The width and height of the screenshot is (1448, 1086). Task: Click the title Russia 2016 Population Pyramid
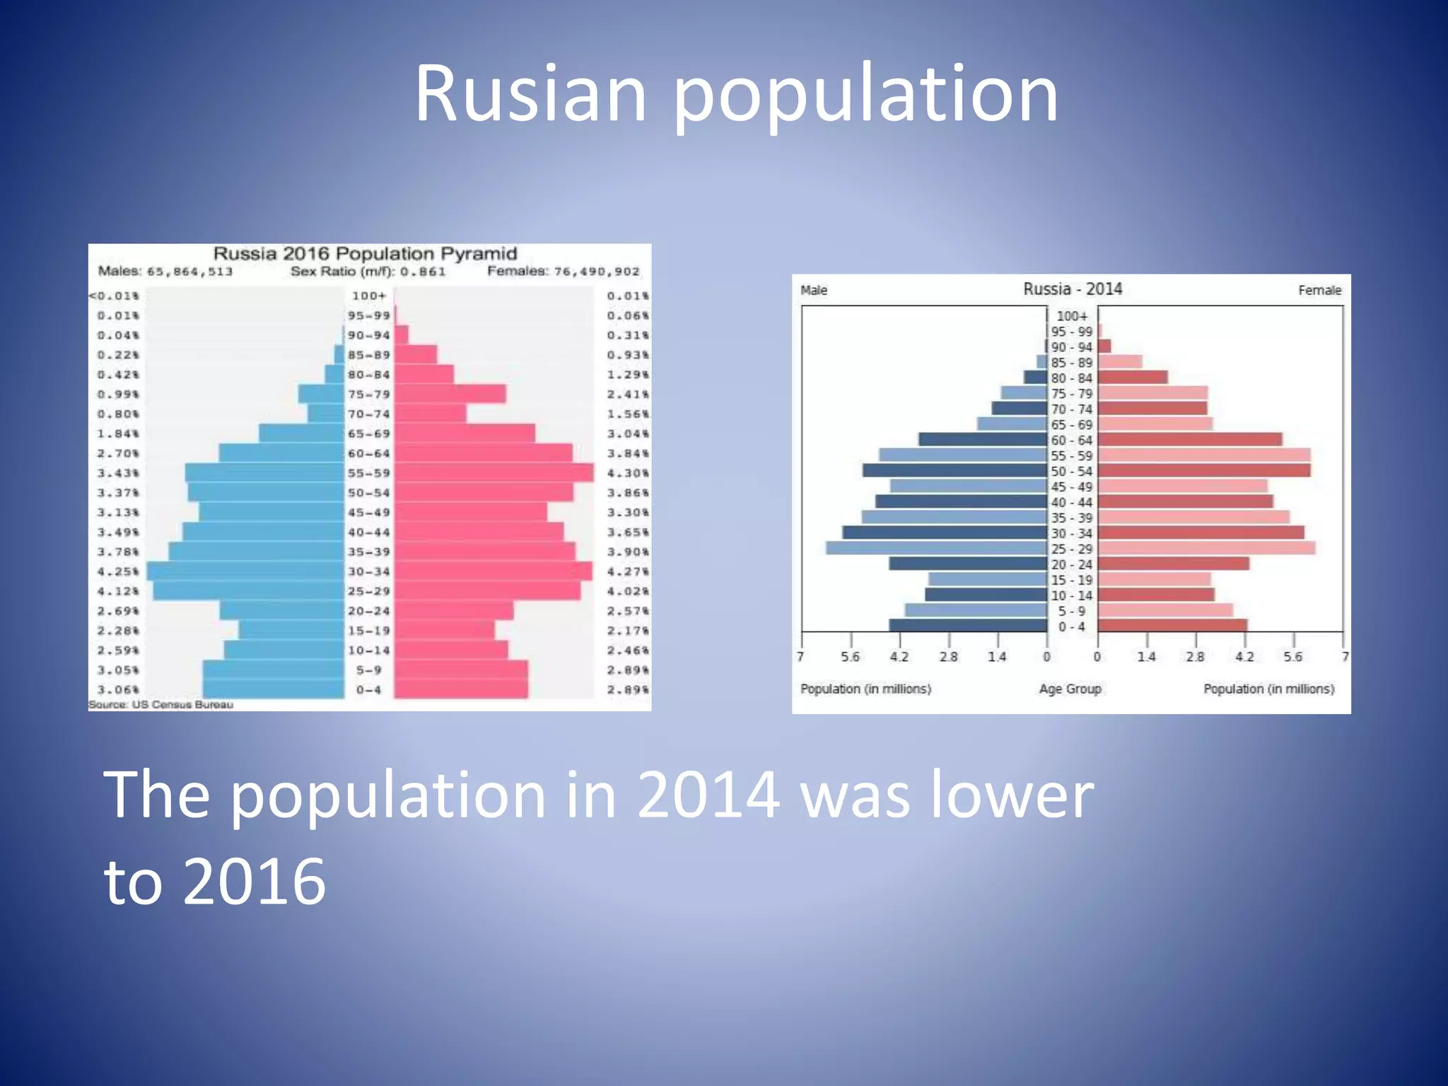click(365, 254)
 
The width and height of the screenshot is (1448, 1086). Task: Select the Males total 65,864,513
click(189, 271)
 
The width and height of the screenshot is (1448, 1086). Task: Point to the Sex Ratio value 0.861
click(423, 271)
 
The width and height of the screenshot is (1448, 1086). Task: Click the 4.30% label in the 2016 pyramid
click(627, 473)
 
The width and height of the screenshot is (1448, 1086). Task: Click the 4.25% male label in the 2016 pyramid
click(117, 571)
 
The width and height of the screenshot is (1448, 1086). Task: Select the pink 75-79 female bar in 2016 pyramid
click(450, 394)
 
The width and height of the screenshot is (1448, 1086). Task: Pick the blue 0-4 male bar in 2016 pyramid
click(273, 689)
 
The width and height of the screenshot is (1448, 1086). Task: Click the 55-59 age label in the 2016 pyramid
click(368, 473)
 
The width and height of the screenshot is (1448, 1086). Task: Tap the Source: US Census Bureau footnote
click(160, 704)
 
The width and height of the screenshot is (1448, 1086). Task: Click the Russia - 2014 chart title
click(1072, 289)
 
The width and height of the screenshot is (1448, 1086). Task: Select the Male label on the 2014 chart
click(813, 290)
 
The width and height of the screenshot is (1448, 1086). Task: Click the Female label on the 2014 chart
click(1319, 290)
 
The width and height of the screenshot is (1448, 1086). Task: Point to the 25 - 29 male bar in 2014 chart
click(936, 548)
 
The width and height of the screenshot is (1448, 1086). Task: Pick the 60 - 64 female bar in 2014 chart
click(1189, 439)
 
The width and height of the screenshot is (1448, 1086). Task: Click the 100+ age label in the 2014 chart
click(1072, 316)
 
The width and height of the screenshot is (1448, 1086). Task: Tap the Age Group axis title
click(1070, 689)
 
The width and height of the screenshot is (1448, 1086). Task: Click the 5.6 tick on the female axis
click(1292, 657)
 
